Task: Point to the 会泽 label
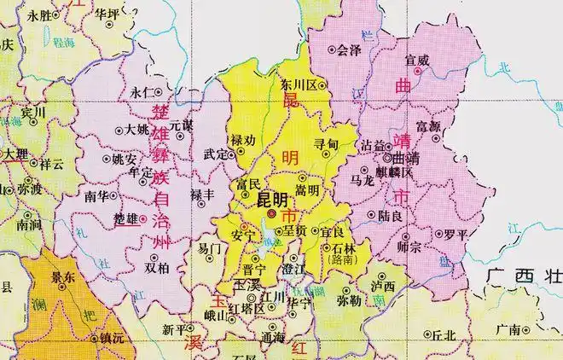click(x=350, y=50)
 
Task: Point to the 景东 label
click(x=61, y=276)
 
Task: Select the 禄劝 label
click(x=243, y=140)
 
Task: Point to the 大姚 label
click(x=136, y=131)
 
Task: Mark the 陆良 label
click(x=392, y=217)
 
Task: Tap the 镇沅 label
click(x=112, y=339)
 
